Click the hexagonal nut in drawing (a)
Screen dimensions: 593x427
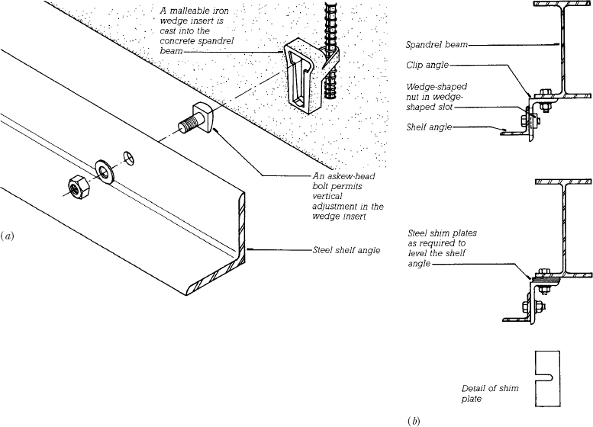[x=79, y=187]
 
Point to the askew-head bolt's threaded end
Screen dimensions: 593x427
[x=186, y=125]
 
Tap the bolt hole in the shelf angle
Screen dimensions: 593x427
[x=128, y=158]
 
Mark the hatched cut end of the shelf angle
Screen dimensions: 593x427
[x=226, y=257]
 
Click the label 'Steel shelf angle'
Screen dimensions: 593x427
[x=346, y=250]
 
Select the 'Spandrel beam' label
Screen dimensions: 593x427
[x=437, y=44]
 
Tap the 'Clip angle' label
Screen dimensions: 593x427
[x=427, y=65]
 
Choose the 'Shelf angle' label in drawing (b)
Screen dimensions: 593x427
[x=429, y=127]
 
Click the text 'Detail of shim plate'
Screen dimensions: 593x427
[x=490, y=393]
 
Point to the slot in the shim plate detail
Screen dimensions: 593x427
[x=545, y=377]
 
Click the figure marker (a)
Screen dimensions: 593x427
[x=7, y=237]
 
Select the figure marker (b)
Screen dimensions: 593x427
[x=414, y=421]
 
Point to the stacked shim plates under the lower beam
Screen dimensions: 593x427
[x=546, y=280]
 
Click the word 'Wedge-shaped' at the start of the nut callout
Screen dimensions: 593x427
[x=437, y=87]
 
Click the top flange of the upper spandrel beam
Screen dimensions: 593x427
[x=562, y=3]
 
